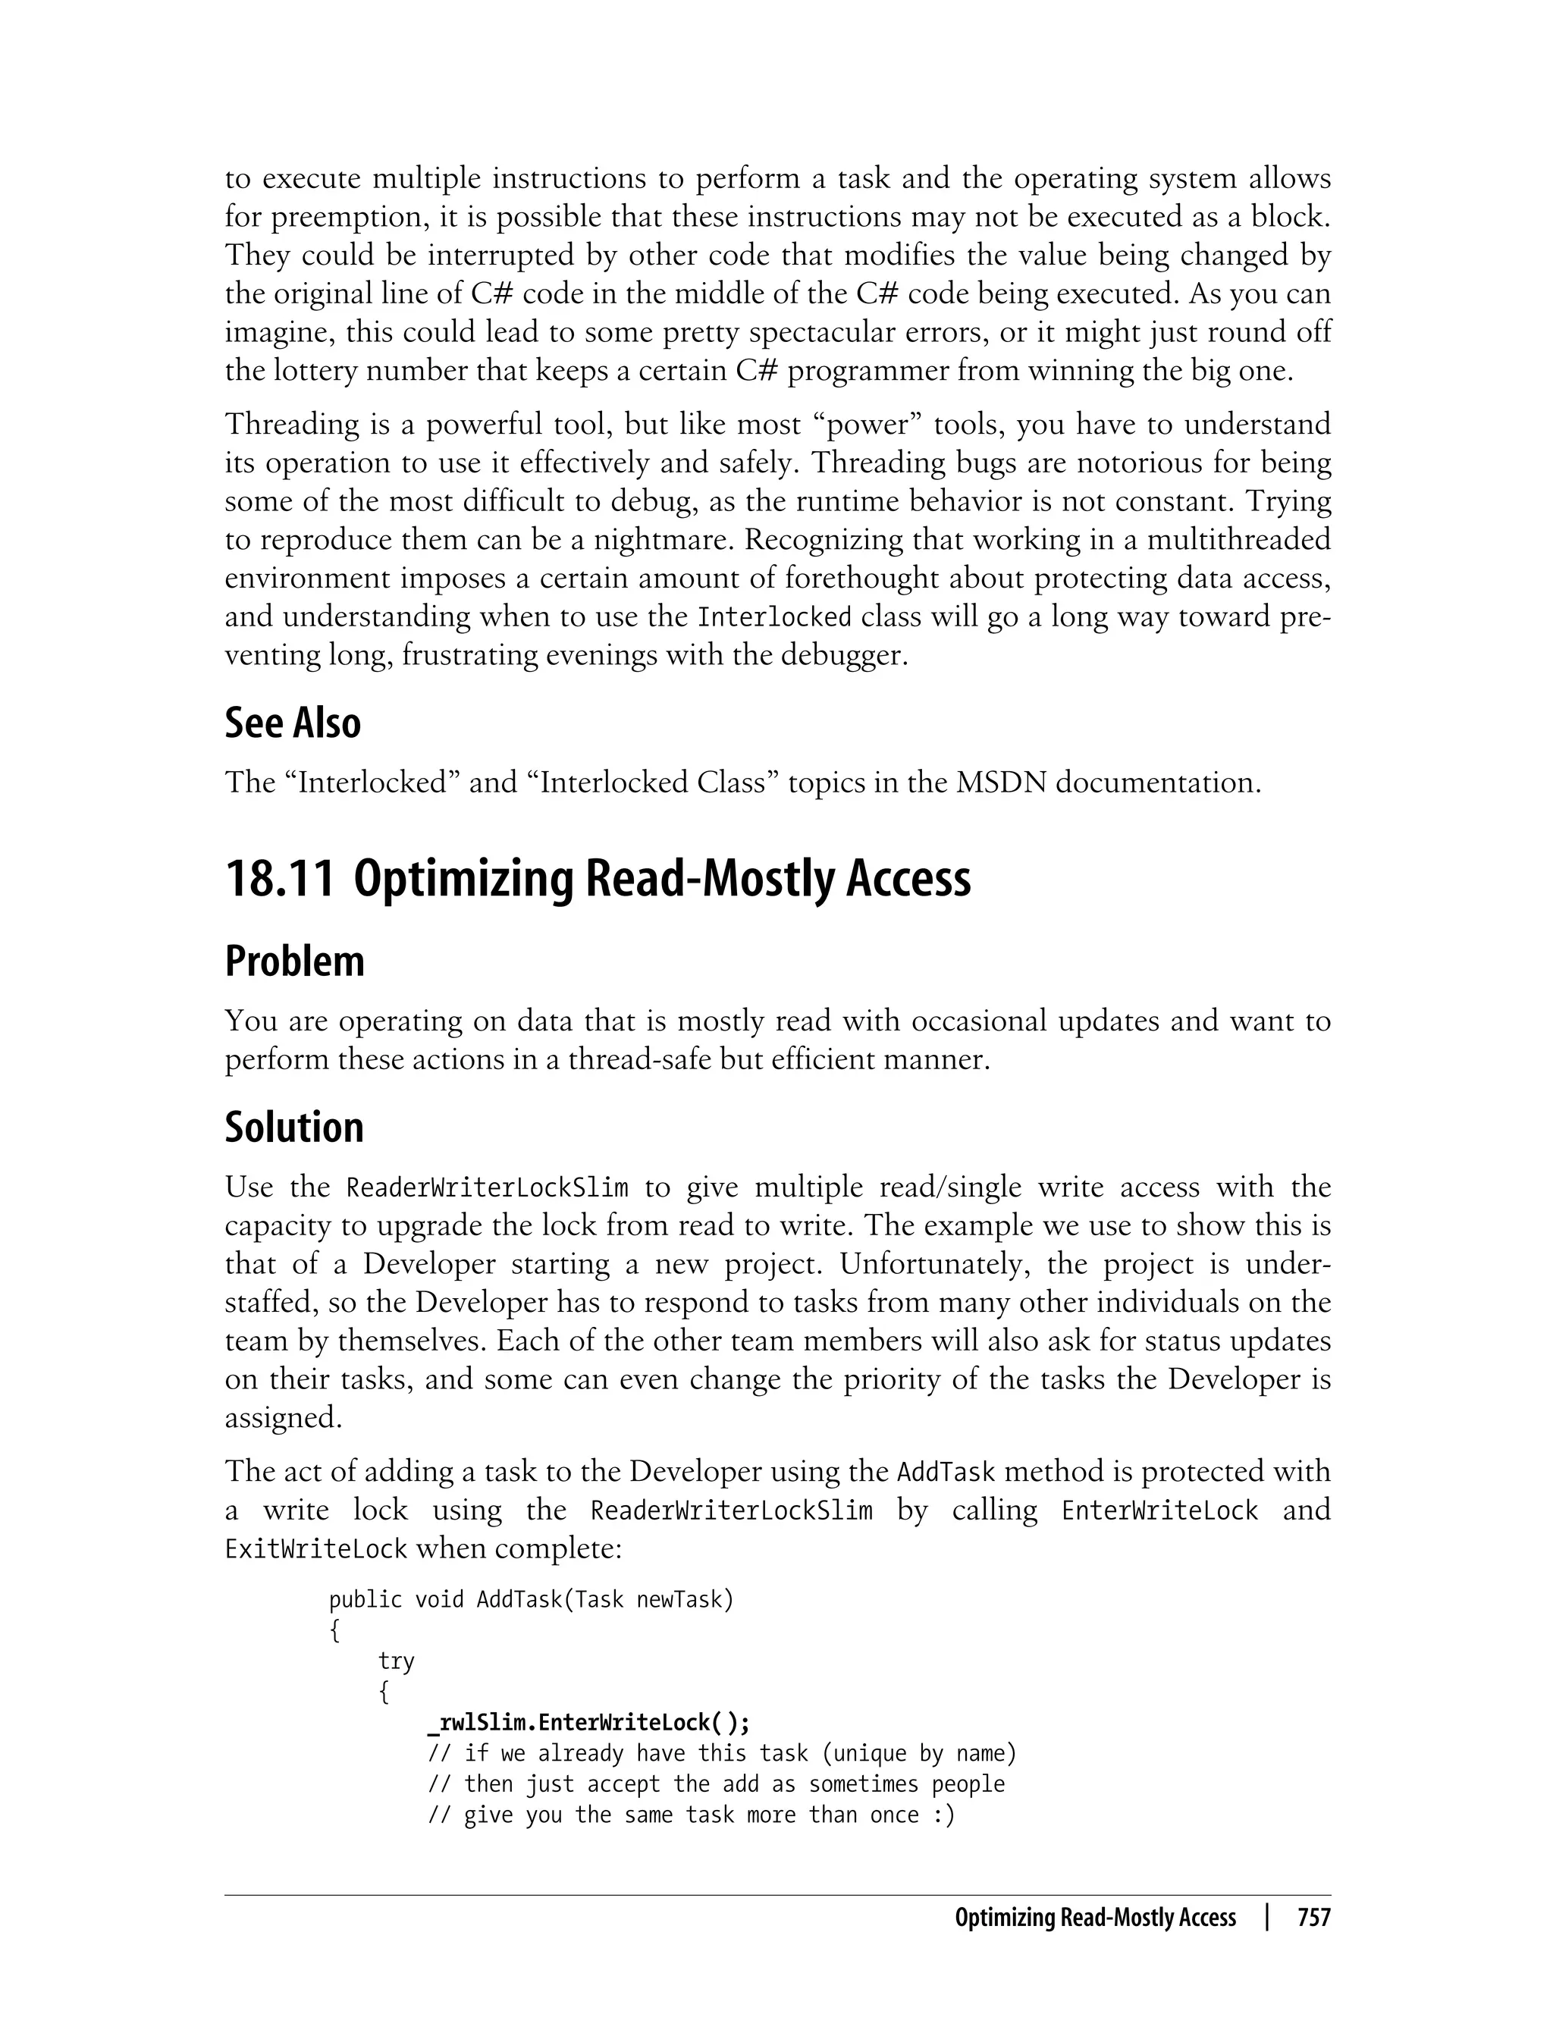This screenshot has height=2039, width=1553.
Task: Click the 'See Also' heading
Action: click(292, 723)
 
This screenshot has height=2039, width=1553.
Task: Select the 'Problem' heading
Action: click(294, 961)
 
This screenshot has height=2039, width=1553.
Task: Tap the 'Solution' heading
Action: click(294, 1127)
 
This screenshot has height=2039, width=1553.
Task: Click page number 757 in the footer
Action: click(1313, 1918)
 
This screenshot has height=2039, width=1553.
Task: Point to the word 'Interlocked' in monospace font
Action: click(773, 617)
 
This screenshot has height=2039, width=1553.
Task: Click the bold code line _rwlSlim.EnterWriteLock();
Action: click(589, 1723)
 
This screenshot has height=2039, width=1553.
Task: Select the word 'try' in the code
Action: click(396, 1661)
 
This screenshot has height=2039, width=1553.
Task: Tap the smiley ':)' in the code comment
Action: click(943, 1815)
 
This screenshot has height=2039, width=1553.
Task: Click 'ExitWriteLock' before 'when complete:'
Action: click(315, 1549)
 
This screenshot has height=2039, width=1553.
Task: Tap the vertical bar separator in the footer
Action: click(1266, 1918)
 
